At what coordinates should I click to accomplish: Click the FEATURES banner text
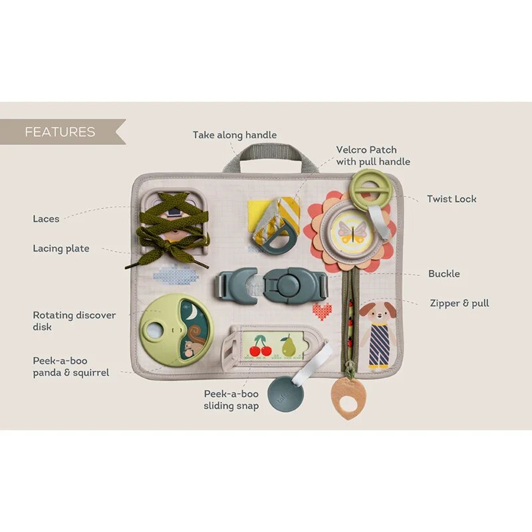point(60,132)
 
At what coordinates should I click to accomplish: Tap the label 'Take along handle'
point(235,135)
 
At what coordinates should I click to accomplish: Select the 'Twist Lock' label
point(452,199)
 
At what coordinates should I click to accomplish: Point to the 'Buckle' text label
point(444,273)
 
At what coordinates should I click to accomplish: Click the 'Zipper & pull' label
point(460,303)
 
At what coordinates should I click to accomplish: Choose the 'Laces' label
point(46,219)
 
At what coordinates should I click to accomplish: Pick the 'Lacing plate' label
point(61,249)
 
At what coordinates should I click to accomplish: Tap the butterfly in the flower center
point(352,232)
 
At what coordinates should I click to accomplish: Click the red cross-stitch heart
point(322,311)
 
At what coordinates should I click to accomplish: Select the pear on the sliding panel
point(288,346)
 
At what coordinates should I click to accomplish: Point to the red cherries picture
point(261,346)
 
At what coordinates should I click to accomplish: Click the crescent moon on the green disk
point(192,312)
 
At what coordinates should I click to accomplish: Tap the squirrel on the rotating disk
point(194,342)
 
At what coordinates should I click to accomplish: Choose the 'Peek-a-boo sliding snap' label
point(231,400)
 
